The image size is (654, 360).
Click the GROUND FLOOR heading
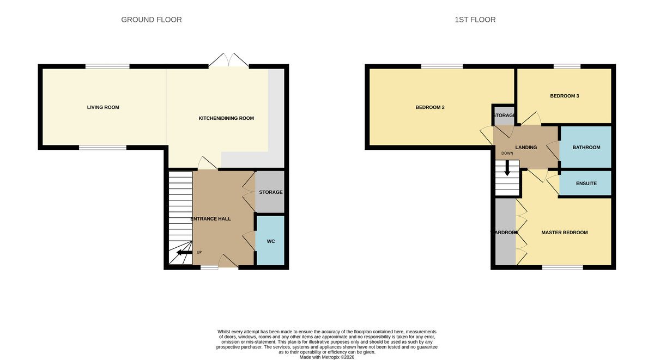(151, 20)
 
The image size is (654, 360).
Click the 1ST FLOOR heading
(475, 20)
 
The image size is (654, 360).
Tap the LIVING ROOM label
(103, 107)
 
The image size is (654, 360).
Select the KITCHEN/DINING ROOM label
(226, 118)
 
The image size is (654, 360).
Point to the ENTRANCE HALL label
(210, 218)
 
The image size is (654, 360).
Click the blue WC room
(270, 241)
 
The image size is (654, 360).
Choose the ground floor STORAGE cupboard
(270, 192)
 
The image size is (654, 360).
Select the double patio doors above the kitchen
(228, 60)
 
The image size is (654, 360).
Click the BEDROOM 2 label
(430, 107)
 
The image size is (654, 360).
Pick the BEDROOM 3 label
(564, 96)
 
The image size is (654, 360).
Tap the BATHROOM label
(586, 147)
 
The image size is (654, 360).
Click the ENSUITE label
(586, 184)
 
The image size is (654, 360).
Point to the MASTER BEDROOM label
(564, 233)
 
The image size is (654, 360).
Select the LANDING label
(526, 147)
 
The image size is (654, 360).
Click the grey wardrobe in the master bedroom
(505, 233)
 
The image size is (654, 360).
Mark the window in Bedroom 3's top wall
(567, 66)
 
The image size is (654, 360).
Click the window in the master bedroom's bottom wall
(562, 267)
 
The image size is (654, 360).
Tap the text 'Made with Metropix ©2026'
(327, 357)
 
